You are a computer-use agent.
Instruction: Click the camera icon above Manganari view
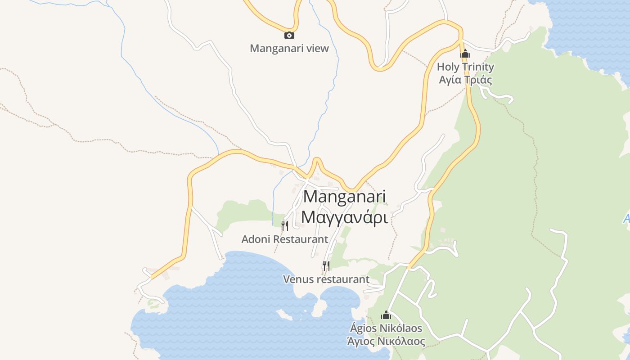pyautogui.click(x=289, y=36)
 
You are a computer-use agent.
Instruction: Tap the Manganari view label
pyautogui.click(x=289, y=48)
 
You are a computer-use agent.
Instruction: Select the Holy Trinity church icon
pyautogui.click(x=465, y=54)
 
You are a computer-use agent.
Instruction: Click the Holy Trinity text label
pyautogui.click(x=465, y=67)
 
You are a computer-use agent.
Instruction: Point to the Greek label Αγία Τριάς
pyautogui.click(x=465, y=80)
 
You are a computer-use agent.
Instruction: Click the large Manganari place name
pyautogui.click(x=345, y=197)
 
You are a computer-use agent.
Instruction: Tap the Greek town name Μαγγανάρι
pyautogui.click(x=345, y=217)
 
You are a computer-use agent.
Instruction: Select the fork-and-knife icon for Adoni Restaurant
pyautogui.click(x=284, y=225)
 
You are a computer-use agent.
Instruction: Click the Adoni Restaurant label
pyautogui.click(x=285, y=239)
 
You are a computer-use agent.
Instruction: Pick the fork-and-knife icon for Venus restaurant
pyautogui.click(x=326, y=266)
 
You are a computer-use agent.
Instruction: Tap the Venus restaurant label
pyautogui.click(x=326, y=279)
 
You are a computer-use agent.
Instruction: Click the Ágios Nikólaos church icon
pyautogui.click(x=386, y=315)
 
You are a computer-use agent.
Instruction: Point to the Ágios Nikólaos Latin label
pyautogui.click(x=387, y=328)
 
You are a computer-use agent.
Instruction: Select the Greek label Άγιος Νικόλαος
pyautogui.click(x=386, y=341)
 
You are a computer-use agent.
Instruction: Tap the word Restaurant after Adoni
pyautogui.click(x=301, y=239)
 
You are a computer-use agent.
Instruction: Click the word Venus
pyautogui.click(x=297, y=279)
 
